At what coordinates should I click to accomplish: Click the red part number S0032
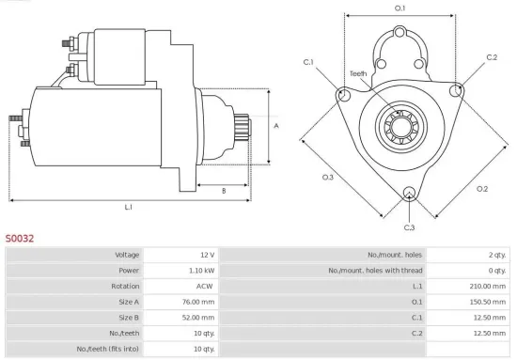click(19, 239)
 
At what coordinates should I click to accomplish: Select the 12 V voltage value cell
click(206, 256)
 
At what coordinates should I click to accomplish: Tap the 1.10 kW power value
click(201, 271)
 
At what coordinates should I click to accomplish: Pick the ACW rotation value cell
click(205, 287)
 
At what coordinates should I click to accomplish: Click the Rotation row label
click(125, 287)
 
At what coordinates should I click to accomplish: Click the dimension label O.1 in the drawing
click(399, 8)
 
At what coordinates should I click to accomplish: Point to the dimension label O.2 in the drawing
click(482, 189)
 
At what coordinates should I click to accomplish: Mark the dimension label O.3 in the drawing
click(328, 177)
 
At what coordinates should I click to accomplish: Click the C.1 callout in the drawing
click(308, 63)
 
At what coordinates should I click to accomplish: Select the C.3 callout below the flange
click(409, 228)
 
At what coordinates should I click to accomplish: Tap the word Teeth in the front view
click(358, 72)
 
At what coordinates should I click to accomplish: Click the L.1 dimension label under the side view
click(128, 207)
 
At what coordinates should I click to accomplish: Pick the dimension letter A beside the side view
click(275, 125)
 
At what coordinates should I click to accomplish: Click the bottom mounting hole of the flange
click(409, 195)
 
